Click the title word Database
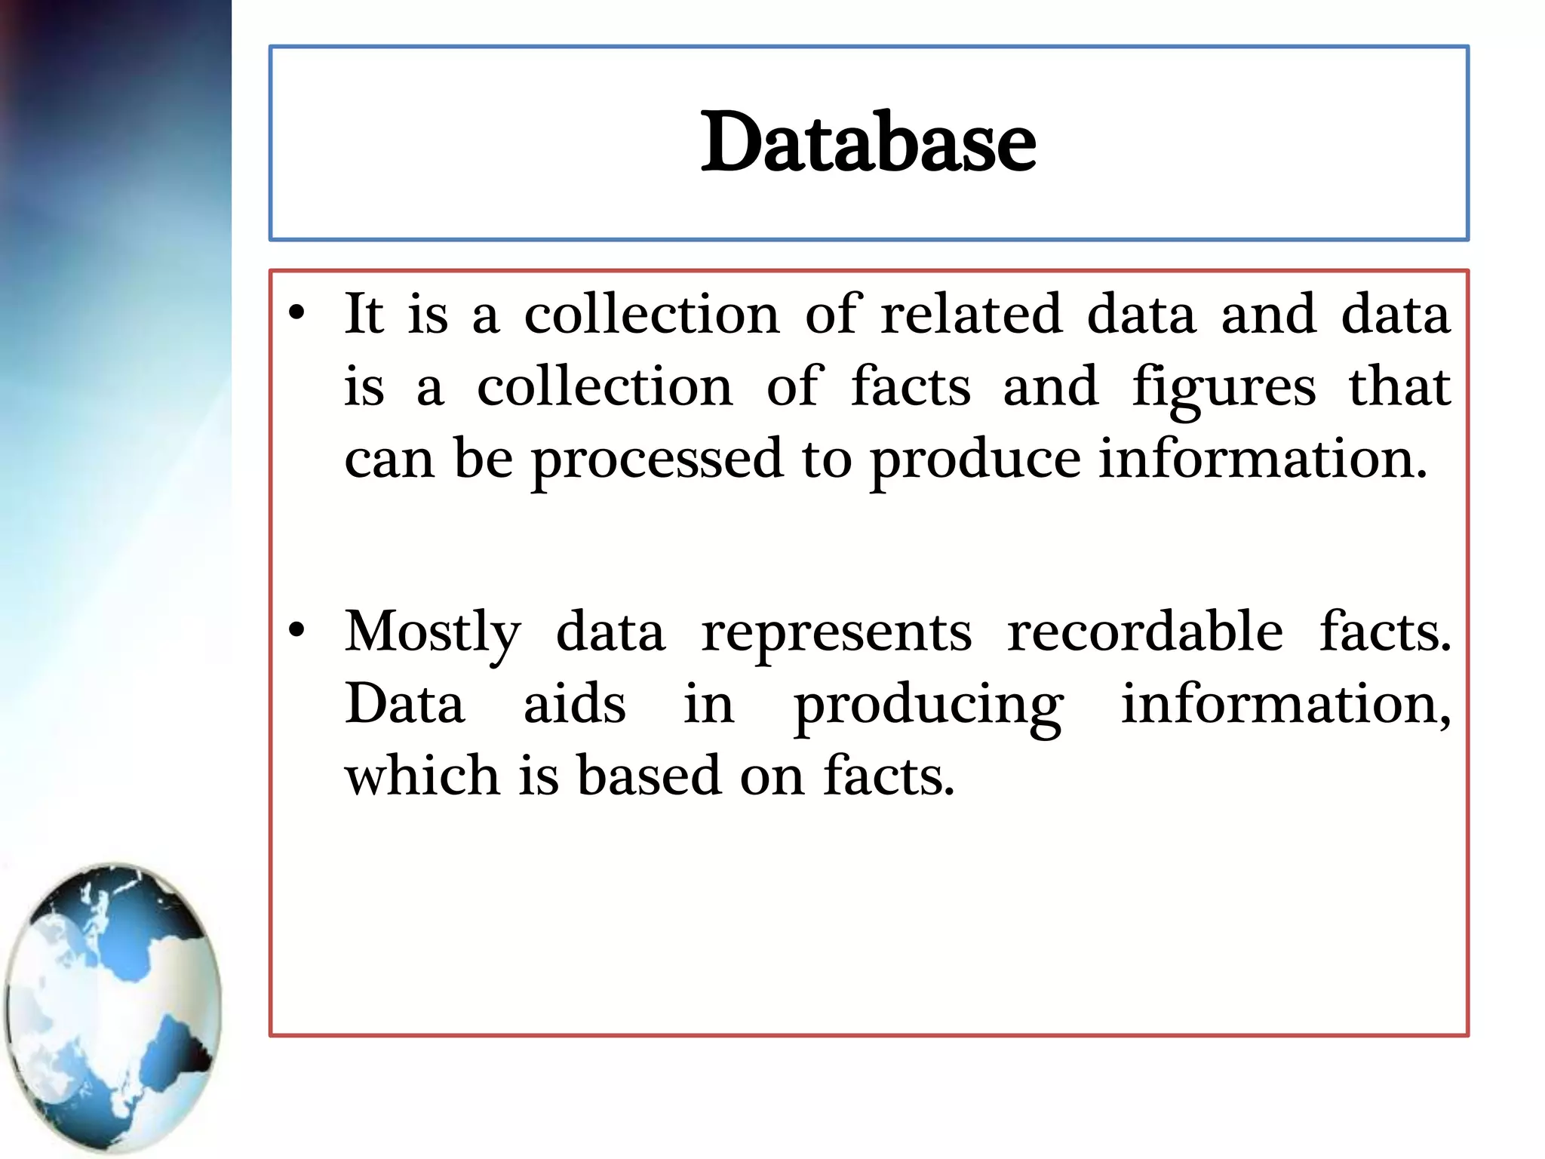(x=868, y=142)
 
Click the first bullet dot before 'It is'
(x=296, y=313)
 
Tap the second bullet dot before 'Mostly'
(x=296, y=631)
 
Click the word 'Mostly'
(x=432, y=632)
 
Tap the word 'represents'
(x=837, y=632)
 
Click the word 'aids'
(x=574, y=703)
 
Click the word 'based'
(x=649, y=775)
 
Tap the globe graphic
(x=113, y=1007)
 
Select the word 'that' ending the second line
(x=1399, y=386)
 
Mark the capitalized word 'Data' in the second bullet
(x=404, y=703)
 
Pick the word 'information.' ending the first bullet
(x=1262, y=459)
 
